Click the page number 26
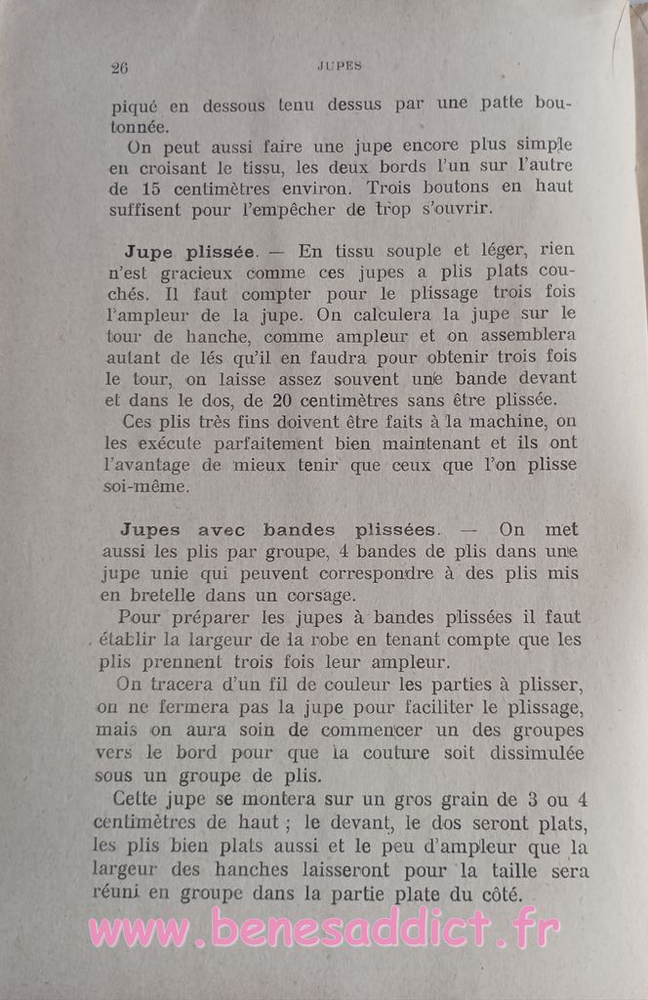[x=122, y=68]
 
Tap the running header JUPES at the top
[x=340, y=66]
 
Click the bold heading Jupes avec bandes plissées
[x=276, y=529]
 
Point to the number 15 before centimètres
[x=148, y=187]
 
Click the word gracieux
[x=186, y=272]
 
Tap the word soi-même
[x=147, y=485]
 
